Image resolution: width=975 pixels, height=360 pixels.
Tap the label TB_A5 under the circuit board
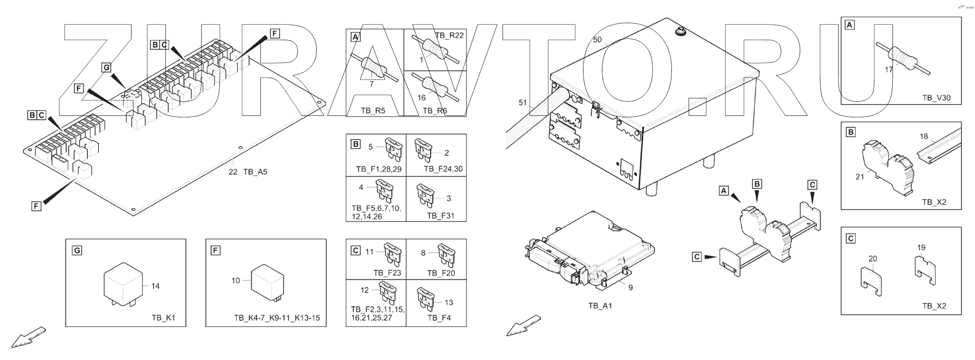pos(255,172)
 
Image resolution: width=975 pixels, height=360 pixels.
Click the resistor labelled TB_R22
pos(435,49)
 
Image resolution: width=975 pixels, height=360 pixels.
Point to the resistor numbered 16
pos(435,87)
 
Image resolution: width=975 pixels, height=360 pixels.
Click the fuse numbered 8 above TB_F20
pos(446,254)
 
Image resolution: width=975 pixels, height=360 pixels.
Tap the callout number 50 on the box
pos(597,40)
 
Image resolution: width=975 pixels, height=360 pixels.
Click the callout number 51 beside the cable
pos(522,103)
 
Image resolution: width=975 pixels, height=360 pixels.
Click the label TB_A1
pos(600,306)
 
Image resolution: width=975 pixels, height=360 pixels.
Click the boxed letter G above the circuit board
pos(107,68)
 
